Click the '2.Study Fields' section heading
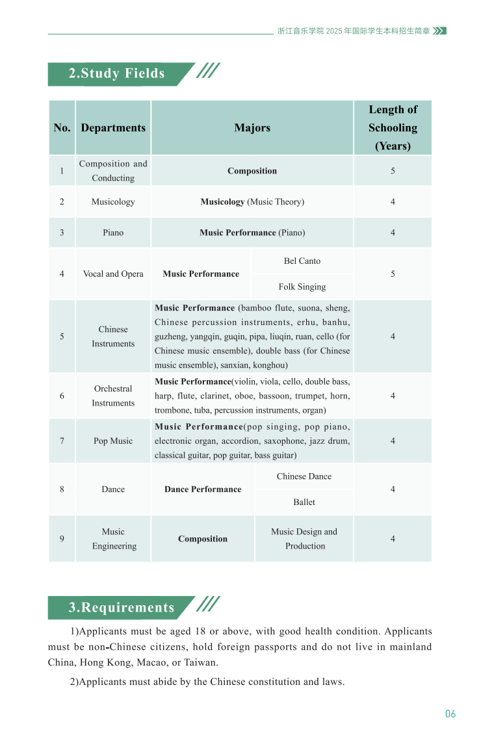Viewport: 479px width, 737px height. point(117,73)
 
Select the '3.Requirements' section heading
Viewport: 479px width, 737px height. point(122,608)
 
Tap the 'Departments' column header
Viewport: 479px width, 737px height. point(113,128)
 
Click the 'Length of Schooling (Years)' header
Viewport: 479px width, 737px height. point(393,128)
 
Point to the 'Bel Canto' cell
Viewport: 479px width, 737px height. point(302,261)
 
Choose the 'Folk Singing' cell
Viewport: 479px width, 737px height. point(302,287)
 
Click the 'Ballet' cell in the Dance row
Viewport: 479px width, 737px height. point(304,502)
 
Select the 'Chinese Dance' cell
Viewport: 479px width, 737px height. point(304,476)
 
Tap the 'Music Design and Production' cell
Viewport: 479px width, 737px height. point(304,539)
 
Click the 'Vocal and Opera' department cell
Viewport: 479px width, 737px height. point(113,274)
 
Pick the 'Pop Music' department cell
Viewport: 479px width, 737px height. point(113,441)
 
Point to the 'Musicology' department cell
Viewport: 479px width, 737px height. point(113,201)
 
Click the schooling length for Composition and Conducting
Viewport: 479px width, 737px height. point(393,171)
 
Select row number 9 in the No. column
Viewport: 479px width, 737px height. point(62,539)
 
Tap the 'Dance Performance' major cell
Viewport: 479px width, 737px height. point(203,489)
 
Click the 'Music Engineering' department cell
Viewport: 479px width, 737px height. point(113,539)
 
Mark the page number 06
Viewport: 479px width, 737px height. point(450,714)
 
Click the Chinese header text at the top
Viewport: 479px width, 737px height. point(354,31)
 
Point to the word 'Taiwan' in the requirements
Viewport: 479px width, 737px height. point(198,663)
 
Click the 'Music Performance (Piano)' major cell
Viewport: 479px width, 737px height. point(252,233)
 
